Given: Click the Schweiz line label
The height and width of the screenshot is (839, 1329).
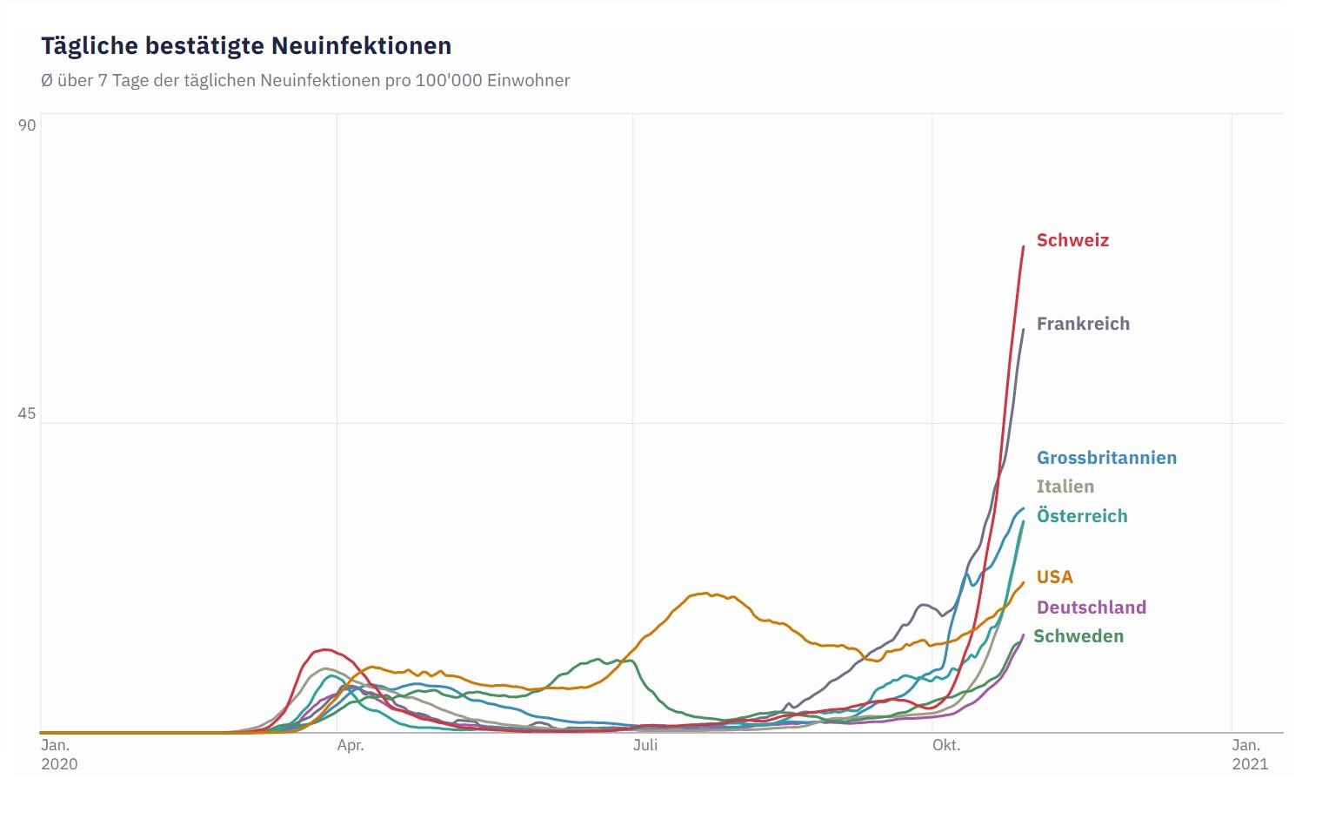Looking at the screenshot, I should [1072, 240].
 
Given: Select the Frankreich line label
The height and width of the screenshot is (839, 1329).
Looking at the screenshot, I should [1083, 324].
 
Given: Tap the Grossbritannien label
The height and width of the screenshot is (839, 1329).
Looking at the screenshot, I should [1106, 458].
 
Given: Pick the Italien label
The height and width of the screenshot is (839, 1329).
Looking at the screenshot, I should [1065, 487].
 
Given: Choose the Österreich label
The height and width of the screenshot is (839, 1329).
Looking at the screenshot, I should [1082, 516].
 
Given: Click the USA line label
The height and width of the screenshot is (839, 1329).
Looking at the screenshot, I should [1054, 577].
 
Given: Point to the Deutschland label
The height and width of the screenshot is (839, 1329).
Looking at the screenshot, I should [1092, 607].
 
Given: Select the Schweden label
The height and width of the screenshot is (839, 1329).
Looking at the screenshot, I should [1079, 636].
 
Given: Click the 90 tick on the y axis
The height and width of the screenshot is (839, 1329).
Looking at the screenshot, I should [27, 125].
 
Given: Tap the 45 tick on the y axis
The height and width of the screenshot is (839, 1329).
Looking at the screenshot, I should [27, 413].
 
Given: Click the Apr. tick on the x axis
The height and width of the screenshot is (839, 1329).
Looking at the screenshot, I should [351, 745].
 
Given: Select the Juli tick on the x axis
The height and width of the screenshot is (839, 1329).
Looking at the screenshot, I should [645, 745].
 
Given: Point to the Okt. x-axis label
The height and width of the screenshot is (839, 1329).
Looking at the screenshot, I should [946, 745].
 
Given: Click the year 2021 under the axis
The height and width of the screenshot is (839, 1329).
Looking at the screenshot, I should [1250, 764].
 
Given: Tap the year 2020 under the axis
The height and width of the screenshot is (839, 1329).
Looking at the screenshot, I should [59, 764].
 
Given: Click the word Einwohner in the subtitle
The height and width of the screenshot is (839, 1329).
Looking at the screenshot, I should [529, 80].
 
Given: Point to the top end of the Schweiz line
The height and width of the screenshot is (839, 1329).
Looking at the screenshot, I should [1024, 247].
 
